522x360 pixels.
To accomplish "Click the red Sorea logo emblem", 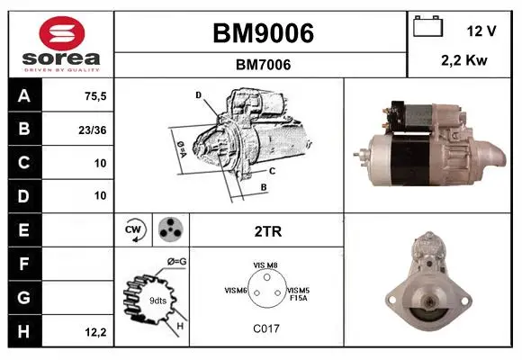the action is coord(62,33).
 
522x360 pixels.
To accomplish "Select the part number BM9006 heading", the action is coord(263,33).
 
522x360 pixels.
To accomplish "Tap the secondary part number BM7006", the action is coord(263,65).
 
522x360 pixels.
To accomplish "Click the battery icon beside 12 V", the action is coord(427,26).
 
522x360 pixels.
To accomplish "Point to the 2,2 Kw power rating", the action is coord(464,60).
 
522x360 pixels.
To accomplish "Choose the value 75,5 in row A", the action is coord(95,96).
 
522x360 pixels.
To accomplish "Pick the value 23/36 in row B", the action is coord(93,130).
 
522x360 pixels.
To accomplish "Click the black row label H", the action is coord(24,331).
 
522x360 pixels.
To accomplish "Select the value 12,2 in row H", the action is coord(95,332).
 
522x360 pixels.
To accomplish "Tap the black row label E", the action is coord(24,230).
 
